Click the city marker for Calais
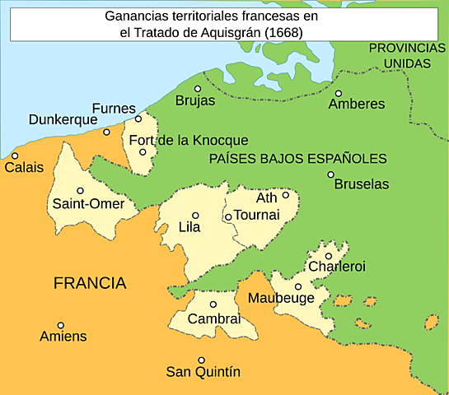tap(15, 156)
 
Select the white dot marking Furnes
tap(138, 118)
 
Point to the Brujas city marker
tap(198, 89)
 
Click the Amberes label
tap(356, 105)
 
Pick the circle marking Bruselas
tap(330, 174)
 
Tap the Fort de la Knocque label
tap(189, 140)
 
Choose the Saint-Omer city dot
tap(81, 190)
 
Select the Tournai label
tap(257, 215)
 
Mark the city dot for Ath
tap(286, 195)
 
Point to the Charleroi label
tap(336, 267)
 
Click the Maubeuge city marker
tap(298, 286)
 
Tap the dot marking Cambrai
tap(213, 304)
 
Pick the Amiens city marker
tap(60, 325)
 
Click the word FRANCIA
tap(90, 284)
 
